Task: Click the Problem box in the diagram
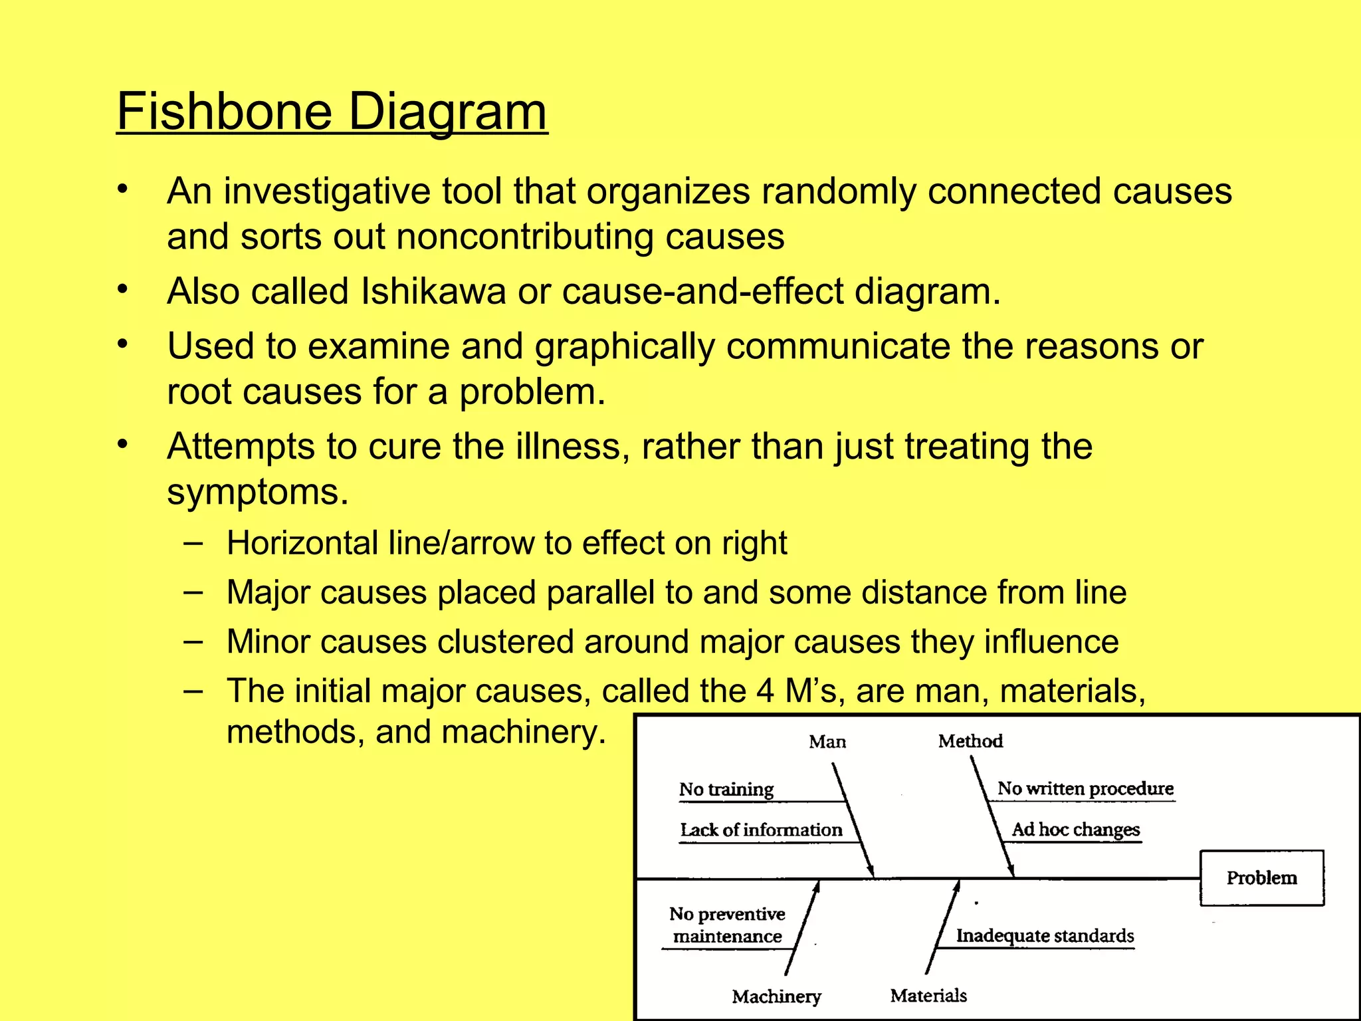pos(1261,877)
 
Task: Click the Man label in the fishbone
pos(827,741)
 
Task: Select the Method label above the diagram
pos(970,740)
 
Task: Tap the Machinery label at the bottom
pos(776,996)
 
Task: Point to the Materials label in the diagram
pos(928,995)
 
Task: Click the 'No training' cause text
pos(726,789)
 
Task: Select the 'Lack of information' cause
pos(761,830)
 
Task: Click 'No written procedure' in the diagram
pos(1085,788)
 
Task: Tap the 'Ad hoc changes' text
pos(1075,830)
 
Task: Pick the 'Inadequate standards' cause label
pos(1045,935)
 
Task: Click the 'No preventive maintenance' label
pos(727,925)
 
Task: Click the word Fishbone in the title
pos(224,111)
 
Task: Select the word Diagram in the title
pos(447,111)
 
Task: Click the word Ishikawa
pos(433,291)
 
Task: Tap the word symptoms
pos(257,493)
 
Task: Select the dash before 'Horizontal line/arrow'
pos(193,542)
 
